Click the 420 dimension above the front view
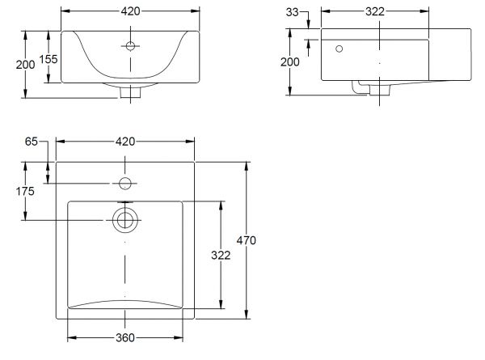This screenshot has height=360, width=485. point(130,11)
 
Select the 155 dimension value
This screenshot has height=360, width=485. point(48,59)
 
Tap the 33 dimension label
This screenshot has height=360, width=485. point(292,12)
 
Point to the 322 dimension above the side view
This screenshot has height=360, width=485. point(375,12)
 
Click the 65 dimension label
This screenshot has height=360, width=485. point(32,142)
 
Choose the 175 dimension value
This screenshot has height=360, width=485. point(25,191)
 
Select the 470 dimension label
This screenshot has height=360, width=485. point(247,240)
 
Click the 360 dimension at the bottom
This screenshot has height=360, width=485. point(125,337)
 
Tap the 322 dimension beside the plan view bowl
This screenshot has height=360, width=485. point(221,256)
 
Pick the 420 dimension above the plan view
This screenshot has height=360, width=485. point(125,142)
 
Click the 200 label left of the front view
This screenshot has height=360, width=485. point(25,65)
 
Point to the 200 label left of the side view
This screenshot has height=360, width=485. point(290,62)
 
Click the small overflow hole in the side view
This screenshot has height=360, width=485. point(339,49)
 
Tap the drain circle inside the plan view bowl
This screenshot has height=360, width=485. point(125,220)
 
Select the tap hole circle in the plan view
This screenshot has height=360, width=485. point(125,184)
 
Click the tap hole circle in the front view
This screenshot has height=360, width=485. point(130,46)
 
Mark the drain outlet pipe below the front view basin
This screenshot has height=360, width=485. point(130,92)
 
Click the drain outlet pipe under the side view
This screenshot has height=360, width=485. point(379,90)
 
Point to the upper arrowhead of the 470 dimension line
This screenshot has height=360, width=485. point(247,166)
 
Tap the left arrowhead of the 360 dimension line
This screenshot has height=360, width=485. point(72,337)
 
